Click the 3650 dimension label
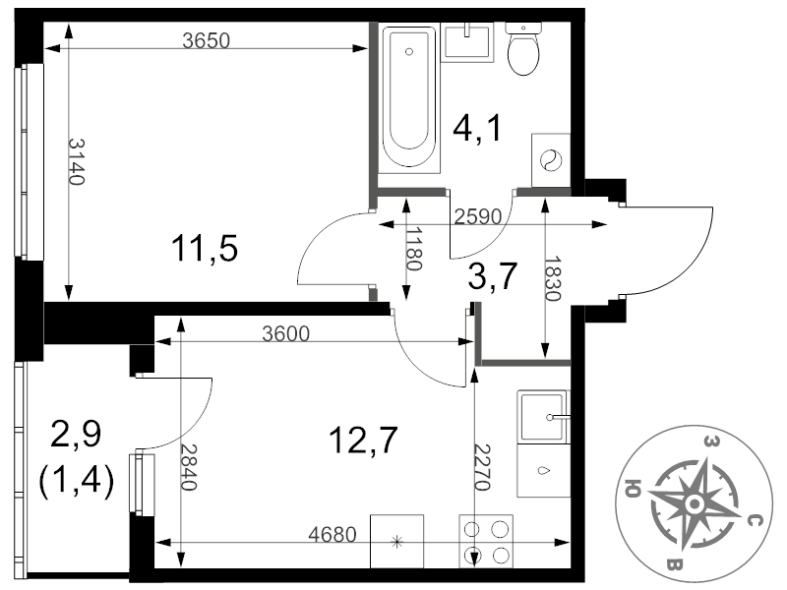pyautogui.click(x=206, y=40)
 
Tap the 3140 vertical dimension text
pyautogui.click(x=77, y=161)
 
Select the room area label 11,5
pyautogui.click(x=205, y=249)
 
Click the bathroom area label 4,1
pyautogui.click(x=477, y=129)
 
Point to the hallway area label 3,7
pyautogui.click(x=493, y=276)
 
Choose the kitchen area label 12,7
pyautogui.click(x=363, y=440)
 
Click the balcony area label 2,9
pyautogui.click(x=77, y=434)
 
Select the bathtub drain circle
pyautogui.click(x=409, y=52)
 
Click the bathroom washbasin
pyautogui.click(x=467, y=42)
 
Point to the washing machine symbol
pyautogui.click(x=551, y=160)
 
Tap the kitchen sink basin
pyautogui.click(x=542, y=416)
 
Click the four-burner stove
pyautogui.click(x=486, y=542)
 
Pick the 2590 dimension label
pyautogui.click(x=478, y=216)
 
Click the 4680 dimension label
pyautogui.click(x=333, y=535)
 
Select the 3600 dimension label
pyautogui.click(x=285, y=333)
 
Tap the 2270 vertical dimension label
pyautogui.click(x=482, y=468)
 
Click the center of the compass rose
pyautogui.click(x=695, y=503)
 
